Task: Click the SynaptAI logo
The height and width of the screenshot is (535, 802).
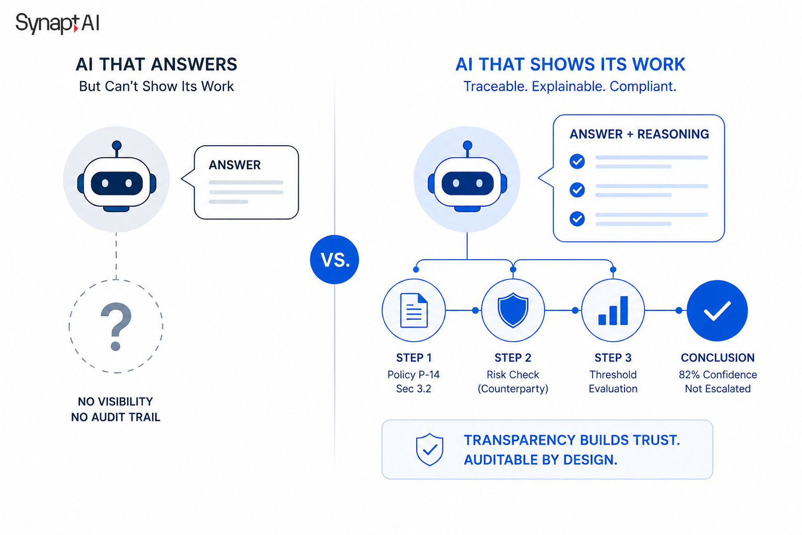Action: click(x=57, y=24)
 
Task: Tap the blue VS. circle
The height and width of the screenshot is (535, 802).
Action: click(x=334, y=260)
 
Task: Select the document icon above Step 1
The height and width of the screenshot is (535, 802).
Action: click(x=414, y=310)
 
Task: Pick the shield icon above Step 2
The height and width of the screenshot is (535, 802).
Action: click(x=513, y=310)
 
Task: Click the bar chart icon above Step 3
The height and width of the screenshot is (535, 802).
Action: click(x=613, y=311)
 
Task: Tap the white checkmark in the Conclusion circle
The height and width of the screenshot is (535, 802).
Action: click(x=717, y=310)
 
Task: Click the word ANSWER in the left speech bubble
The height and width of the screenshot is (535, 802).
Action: click(x=235, y=165)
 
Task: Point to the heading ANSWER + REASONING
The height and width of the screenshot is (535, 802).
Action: click(x=639, y=134)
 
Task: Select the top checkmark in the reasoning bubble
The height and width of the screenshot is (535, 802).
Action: click(x=577, y=161)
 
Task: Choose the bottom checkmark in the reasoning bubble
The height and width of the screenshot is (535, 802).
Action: click(x=577, y=218)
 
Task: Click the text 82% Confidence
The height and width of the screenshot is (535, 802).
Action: click(x=718, y=375)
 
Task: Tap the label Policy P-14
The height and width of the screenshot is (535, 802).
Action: click(x=414, y=375)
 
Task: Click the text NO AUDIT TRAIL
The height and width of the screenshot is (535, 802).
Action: click(x=115, y=417)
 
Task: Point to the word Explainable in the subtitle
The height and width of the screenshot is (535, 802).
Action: click(x=569, y=86)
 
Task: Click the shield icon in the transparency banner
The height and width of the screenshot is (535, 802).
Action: click(x=429, y=449)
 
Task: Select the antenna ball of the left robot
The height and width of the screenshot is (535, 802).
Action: click(x=117, y=145)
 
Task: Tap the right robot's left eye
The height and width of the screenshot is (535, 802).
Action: click(x=456, y=183)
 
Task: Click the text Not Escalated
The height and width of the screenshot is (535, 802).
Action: click(x=718, y=389)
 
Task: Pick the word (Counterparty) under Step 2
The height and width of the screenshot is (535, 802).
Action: click(x=513, y=389)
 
